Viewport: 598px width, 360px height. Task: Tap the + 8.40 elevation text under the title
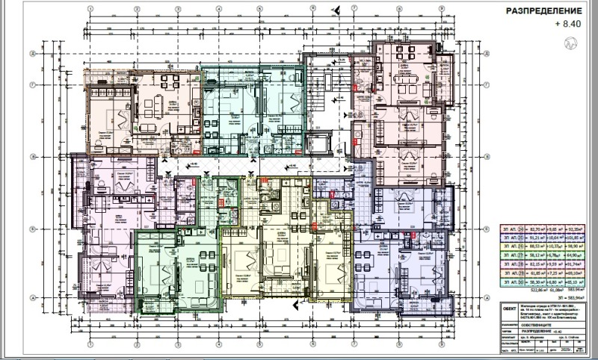[567, 25]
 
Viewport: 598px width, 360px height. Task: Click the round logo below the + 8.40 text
[572, 44]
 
